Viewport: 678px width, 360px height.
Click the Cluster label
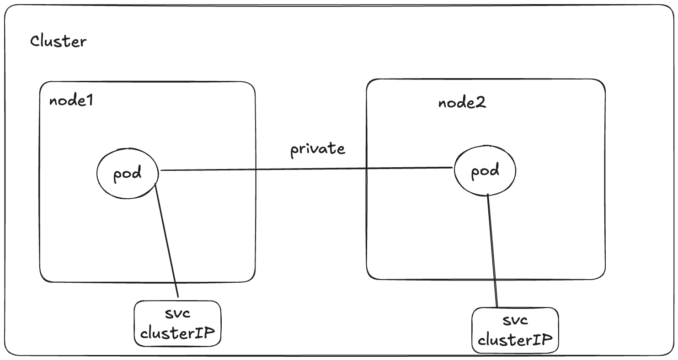58,42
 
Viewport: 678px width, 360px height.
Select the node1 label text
71,101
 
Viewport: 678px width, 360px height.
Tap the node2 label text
462,103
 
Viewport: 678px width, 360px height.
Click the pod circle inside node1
128,174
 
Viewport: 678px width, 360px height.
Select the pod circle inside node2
485,171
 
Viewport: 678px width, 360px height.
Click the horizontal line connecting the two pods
306,169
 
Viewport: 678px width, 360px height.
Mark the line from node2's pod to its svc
492,251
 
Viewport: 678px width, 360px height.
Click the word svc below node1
177,314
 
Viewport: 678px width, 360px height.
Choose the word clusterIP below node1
177,333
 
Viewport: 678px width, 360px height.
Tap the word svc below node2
515,320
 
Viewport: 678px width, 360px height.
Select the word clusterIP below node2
515,339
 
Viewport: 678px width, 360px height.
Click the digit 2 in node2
480,103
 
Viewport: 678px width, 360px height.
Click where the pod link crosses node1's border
255,170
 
